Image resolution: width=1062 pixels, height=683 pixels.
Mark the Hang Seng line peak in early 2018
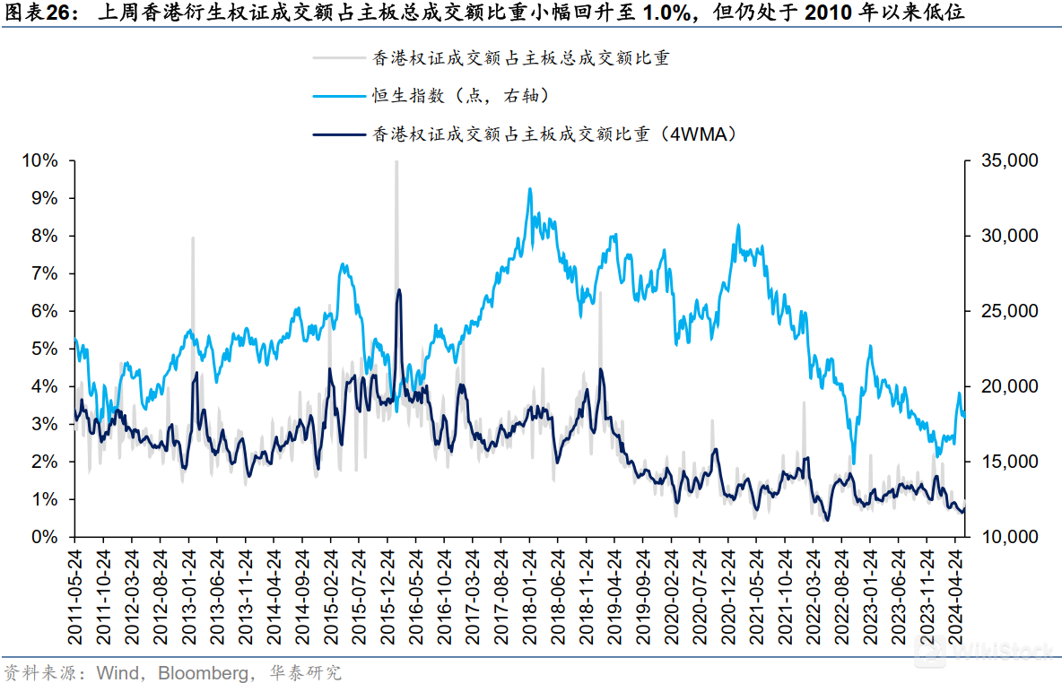[x=530, y=189]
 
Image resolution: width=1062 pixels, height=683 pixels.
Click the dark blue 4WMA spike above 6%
[x=398, y=291]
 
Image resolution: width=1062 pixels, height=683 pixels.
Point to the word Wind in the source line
[x=116, y=672]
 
